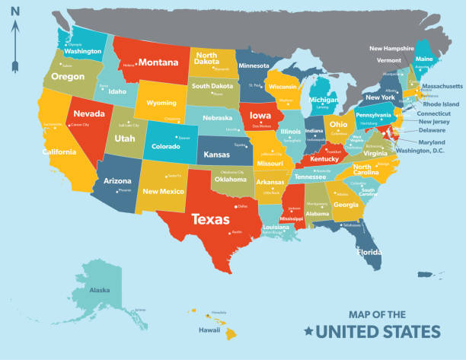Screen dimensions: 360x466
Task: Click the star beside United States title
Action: [308, 331]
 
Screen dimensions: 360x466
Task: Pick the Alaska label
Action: [100, 290]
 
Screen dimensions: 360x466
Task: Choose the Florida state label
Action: [370, 250]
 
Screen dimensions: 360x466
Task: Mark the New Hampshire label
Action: [391, 48]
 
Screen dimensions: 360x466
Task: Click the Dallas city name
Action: [243, 206]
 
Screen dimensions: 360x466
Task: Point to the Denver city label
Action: [184, 138]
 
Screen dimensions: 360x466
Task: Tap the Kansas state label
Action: [218, 155]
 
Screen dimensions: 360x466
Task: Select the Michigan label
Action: [324, 100]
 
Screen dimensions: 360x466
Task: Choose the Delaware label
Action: [432, 131]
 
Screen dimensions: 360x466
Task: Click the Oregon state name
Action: [68, 76]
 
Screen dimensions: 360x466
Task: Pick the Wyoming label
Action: [161, 103]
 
